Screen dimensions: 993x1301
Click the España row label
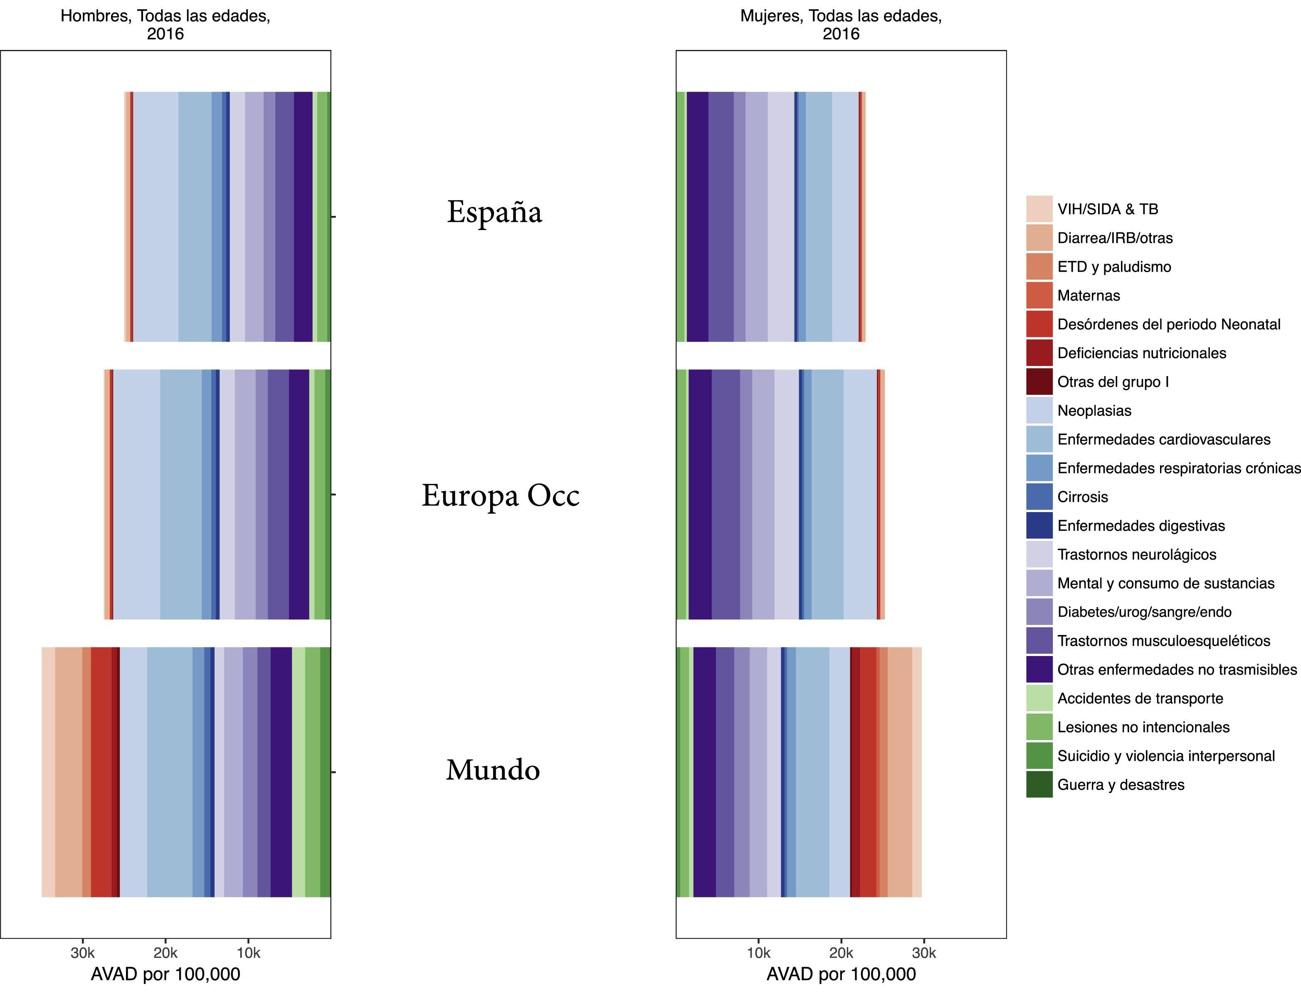(x=494, y=212)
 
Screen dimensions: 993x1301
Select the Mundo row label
(x=493, y=770)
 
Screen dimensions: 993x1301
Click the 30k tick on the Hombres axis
(x=83, y=953)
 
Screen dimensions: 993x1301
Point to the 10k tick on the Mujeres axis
(x=759, y=953)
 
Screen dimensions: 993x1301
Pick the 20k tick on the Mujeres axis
(x=841, y=953)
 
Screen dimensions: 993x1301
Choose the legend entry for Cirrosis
(x=1082, y=497)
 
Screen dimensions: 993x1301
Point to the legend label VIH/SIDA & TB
(x=1107, y=209)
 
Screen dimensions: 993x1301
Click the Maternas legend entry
(x=1088, y=295)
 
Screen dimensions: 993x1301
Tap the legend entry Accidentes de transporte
(x=1140, y=698)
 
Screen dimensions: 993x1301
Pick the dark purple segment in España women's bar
(x=697, y=216)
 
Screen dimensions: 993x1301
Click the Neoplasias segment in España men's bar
(x=156, y=216)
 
